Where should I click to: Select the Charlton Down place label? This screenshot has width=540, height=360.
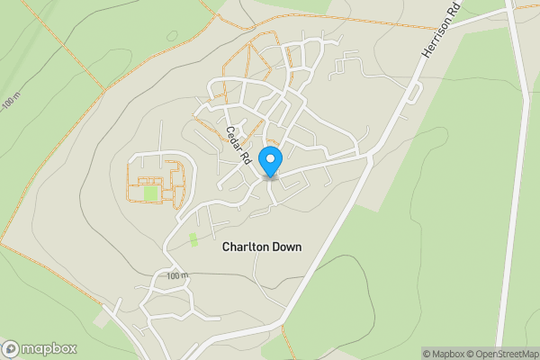[x=262, y=246]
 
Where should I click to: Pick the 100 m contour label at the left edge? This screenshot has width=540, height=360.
[x=11, y=101]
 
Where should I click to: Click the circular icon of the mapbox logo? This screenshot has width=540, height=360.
[x=11, y=348]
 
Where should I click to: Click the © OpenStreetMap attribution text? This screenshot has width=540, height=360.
[x=502, y=354]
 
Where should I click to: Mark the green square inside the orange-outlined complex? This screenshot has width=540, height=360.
[x=150, y=193]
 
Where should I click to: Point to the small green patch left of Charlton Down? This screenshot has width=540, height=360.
[x=193, y=240]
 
